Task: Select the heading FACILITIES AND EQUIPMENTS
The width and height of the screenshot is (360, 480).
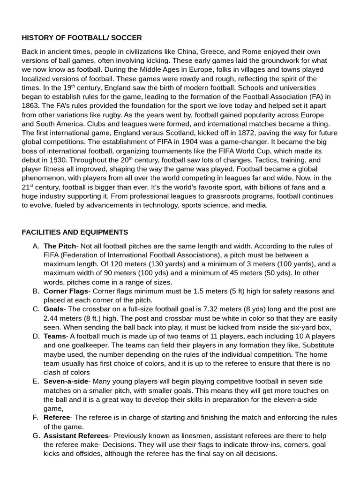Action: [x=75, y=232]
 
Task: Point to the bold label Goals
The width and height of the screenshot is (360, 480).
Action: [x=53, y=309]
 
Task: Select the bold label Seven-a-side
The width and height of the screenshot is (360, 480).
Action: [x=66, y=382]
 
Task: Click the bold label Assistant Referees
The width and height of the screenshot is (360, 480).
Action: [x=76, y=435]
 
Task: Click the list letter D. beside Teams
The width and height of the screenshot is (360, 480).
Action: [x=36, y=336]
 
